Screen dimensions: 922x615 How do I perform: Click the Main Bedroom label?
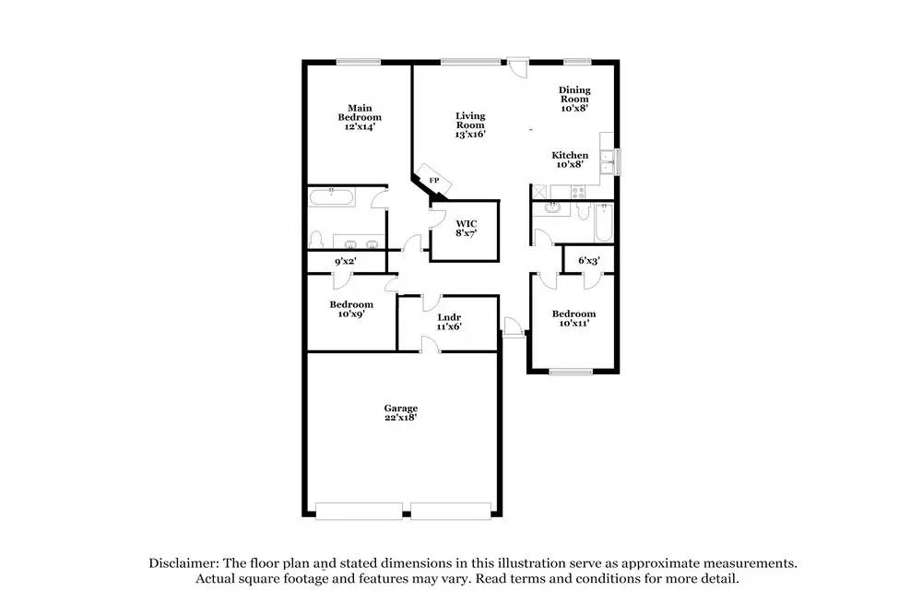click(x=359, y=117)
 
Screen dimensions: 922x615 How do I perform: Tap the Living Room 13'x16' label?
click(x=470, y=124)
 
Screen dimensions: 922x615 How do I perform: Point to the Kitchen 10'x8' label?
click(x=570, y=160)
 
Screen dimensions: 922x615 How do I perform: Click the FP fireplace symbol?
click(x=432, y=181)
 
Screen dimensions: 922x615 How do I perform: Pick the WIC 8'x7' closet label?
click(x=466, y=228)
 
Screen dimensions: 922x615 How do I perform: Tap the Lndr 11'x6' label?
click(x=449, y=321)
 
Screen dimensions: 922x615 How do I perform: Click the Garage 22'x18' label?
click(x=401, y=412)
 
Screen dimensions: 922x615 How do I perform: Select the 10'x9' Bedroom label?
click(x=351, y=309)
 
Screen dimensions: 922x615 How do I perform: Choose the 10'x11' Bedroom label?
click(x=573, y=318)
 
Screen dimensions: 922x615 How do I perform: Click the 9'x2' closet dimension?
click(x=345, y=262)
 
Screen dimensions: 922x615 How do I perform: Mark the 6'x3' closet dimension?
click(x=589, y=261)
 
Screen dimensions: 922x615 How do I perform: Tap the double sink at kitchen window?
click(x=606, y=162)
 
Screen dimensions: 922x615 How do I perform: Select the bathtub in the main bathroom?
click(x=329, y=195)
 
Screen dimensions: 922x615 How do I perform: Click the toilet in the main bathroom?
click(x=315, y=239)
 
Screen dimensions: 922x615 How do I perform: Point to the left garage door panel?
click(x=359, y=510)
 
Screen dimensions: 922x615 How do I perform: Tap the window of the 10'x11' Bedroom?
click(x=571, y=372)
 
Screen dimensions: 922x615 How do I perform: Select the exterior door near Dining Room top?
click(x=519, y=66)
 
